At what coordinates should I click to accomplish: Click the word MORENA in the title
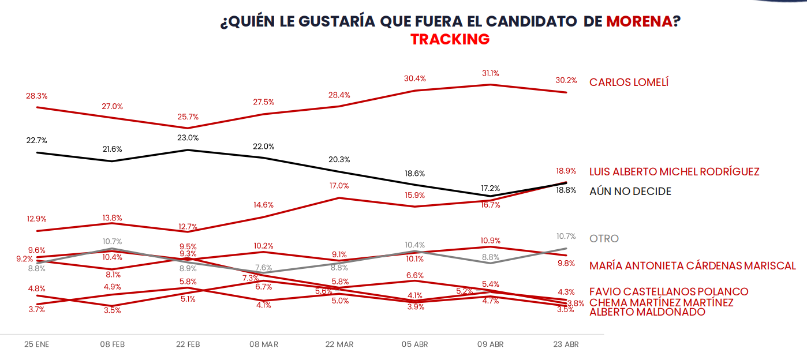coord(639,21)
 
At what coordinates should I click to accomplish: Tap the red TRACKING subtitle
coord(450,39)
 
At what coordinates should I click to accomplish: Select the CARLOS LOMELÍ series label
coord(629,82)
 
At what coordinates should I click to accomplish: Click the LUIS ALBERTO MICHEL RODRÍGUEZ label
coord(674,172)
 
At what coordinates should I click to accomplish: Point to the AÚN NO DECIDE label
coord(630,192)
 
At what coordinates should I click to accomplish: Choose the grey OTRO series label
coord(604,239)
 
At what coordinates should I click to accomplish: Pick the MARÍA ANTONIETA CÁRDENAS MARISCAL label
coord(692,266)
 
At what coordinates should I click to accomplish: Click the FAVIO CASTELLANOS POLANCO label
coord(668,292)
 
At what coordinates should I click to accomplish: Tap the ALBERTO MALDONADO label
coord(647,312)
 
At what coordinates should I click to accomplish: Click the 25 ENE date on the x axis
coord(36,344)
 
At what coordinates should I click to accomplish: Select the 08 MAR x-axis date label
coord(263,344)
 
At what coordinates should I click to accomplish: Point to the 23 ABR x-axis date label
coord(566,344)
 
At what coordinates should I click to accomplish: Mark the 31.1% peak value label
coord(490,73)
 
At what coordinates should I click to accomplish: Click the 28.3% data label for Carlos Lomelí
coord(36,96)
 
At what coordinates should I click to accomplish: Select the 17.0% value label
coord(339,186)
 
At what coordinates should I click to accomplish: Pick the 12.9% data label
coord(36,219)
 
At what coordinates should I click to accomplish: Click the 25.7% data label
coord(188,117)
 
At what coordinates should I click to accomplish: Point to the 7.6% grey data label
coord(263,268)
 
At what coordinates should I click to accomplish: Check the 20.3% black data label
coord(339,160)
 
